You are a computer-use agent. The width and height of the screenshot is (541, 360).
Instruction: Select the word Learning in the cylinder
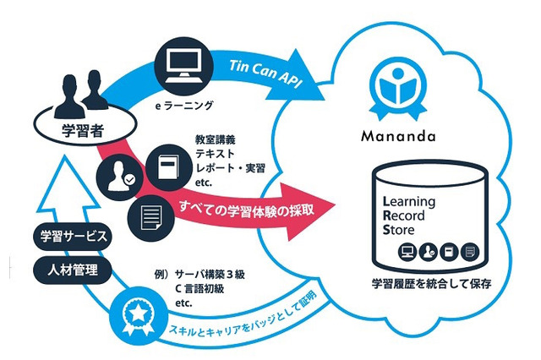409,201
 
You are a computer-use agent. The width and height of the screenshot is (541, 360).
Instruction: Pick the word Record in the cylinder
406,215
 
